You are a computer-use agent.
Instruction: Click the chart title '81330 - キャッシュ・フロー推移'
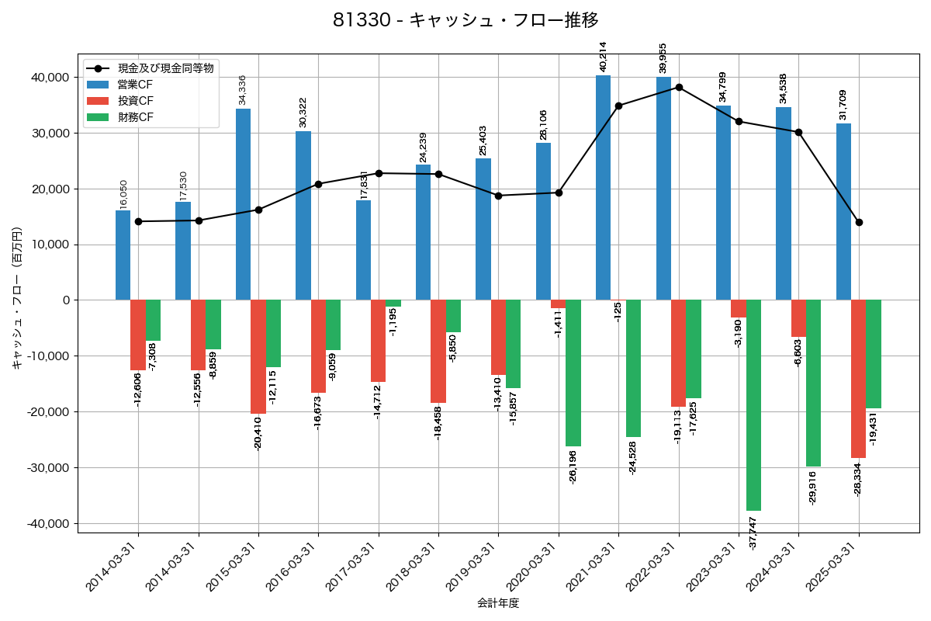tap(465, 20)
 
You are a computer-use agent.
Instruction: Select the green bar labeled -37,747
tap(753, 405)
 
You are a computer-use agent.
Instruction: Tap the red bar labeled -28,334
tap(858, 379)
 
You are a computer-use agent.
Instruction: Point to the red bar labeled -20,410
tap(258, 357)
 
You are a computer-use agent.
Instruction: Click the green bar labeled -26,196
tap(573, 373)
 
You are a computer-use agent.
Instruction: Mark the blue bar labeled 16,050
tap(123, 255)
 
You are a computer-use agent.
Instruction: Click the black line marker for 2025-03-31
tap(859, 223)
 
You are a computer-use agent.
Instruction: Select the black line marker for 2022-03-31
tap(679, 87)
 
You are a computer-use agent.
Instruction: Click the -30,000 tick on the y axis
tap(48, 468)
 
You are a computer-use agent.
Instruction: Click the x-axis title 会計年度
tap(497, 603)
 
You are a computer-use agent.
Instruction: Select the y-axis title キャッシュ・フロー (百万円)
tap(17, 299)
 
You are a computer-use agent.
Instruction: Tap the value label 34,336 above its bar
tap(243, 90)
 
